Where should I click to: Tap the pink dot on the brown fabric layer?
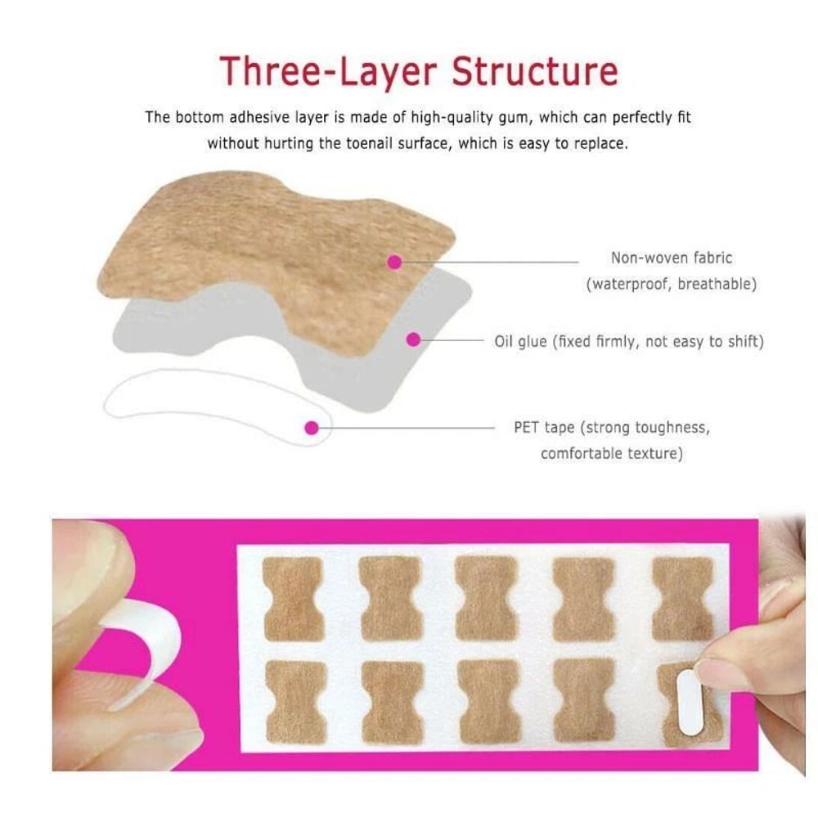click(394, 262)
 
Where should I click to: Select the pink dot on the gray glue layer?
click(414, 338)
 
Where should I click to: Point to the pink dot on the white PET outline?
click(311, 427)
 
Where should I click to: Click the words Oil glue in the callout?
click(521, 342)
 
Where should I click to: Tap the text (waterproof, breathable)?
click(671, 285)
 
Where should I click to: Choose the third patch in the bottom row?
click(489, 701)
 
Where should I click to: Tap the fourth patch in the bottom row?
click(584, 700)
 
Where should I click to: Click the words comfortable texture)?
click(610, 452)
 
